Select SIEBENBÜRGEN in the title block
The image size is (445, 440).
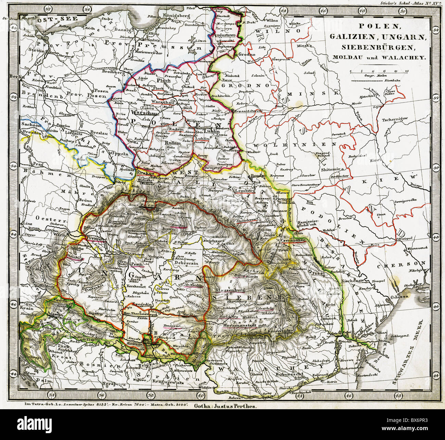pyautogui.click(x=378, y=47)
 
